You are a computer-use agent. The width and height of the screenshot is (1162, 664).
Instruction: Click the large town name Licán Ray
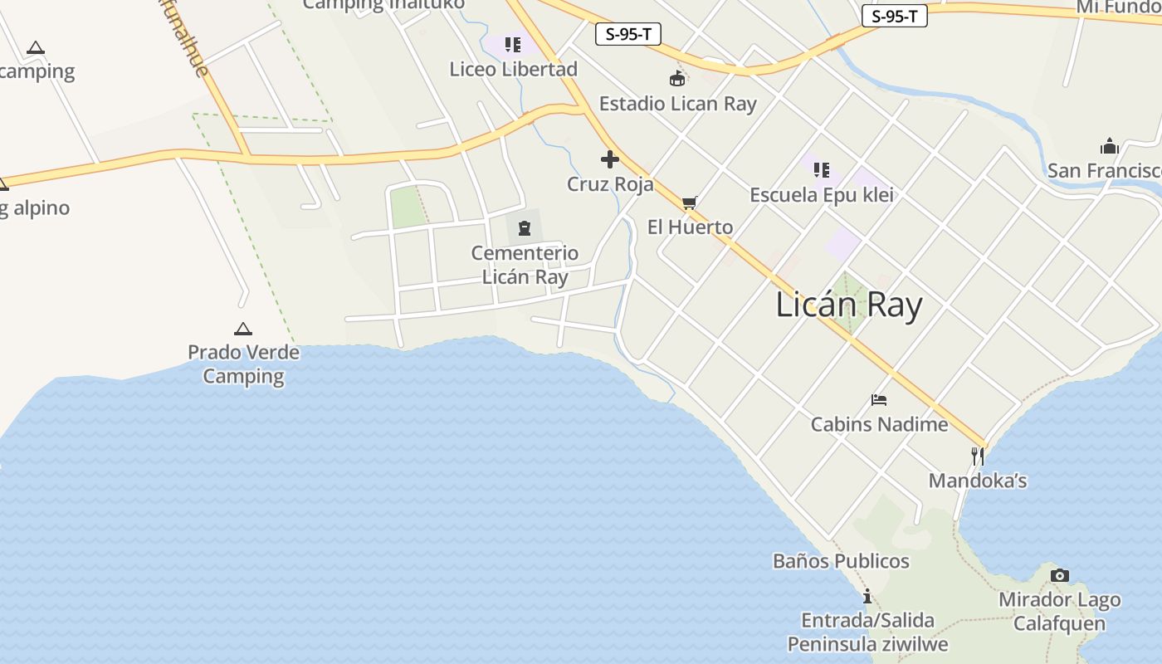pos(848,305)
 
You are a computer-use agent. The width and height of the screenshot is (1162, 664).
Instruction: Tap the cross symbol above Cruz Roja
pos(610,159)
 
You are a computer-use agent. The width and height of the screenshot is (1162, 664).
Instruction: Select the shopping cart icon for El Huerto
pos(689,203)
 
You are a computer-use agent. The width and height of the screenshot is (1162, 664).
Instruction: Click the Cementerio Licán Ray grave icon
pos(525,227)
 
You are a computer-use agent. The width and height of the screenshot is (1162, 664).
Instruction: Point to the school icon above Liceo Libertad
pos(513,44)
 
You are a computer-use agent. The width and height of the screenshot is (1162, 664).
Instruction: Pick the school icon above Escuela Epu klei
pos(822,170)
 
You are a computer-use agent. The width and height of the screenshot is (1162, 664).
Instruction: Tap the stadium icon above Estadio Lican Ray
pos(677,79)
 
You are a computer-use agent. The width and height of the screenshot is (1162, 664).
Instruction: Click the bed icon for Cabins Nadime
pos(879,400)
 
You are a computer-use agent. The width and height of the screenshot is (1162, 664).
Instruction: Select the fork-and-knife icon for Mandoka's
pos(978,456)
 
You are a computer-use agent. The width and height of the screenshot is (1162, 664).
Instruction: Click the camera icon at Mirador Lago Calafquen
pos(1059,575)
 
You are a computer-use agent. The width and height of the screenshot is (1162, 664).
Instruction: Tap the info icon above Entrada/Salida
pos(867,596)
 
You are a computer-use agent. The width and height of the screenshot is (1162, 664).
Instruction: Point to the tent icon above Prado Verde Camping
pos(242,329)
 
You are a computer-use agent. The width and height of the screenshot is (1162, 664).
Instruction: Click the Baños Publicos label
pos(841,561)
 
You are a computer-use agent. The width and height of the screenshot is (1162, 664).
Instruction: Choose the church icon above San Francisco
pos(1110,147)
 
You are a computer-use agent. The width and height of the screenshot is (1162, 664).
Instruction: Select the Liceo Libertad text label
pos(513,69)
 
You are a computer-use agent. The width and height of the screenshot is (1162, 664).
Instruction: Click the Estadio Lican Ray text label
pos(677,104)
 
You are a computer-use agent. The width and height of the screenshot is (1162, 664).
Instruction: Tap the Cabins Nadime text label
pos(879,424)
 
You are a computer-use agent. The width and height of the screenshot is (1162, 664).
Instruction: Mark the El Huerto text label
pos(690,227)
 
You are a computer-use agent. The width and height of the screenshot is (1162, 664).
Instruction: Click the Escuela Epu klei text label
pos(822,195)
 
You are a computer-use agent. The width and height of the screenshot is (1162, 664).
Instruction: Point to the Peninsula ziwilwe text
pos(867,644)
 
